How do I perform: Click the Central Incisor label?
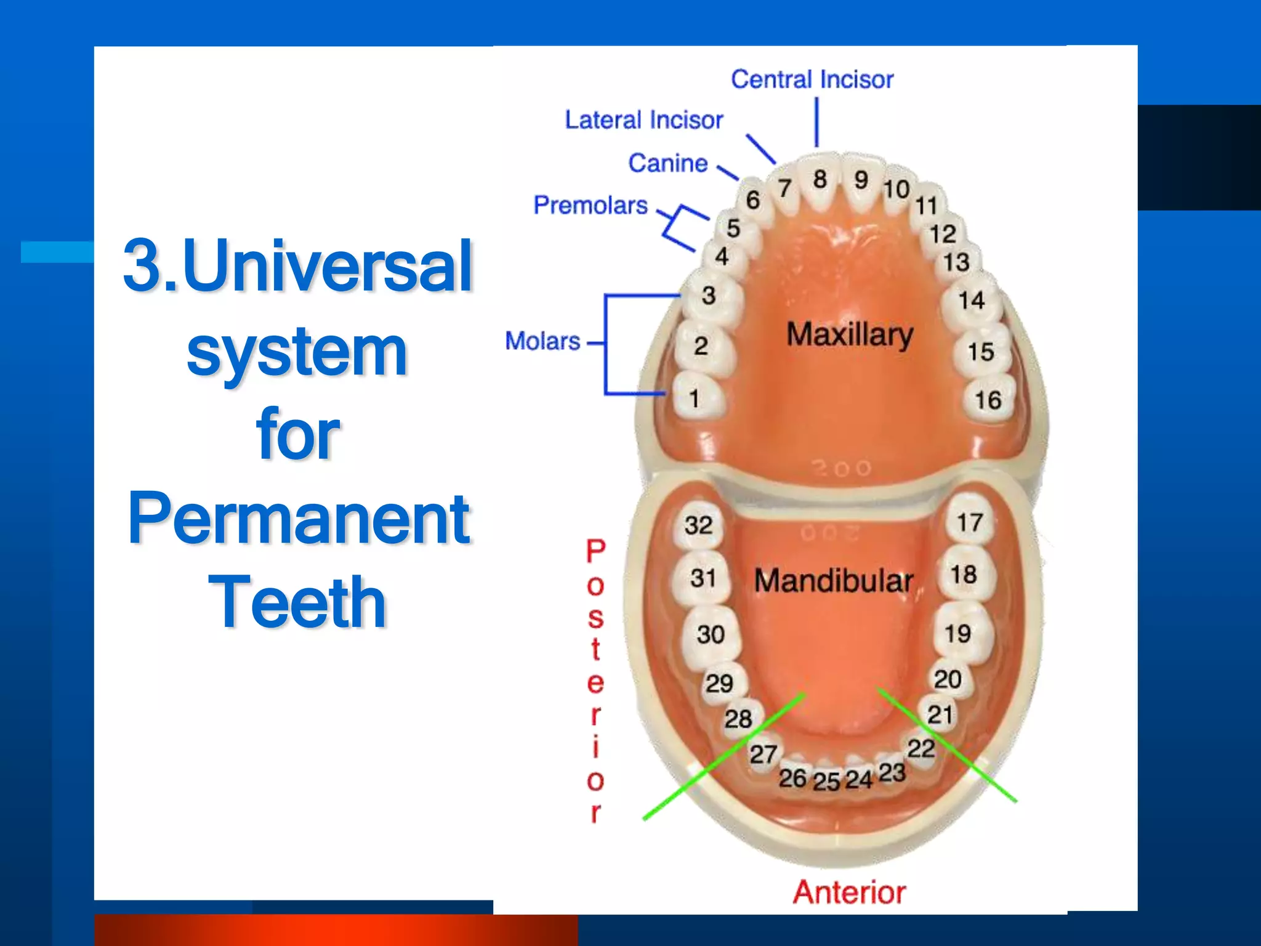click(812, 79)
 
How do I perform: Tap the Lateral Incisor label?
click(643, 120)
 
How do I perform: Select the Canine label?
click(668, 164)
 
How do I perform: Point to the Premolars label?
click(590, 205)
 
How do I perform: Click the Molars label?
click(542, 341)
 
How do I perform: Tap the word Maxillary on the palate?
click(850, 335)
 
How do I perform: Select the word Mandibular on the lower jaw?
click(834, 581)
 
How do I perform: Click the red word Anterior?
click(849, 892)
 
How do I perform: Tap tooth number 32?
click(698, 525)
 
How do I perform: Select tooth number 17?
click(969, 523)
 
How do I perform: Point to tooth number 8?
click(820, 180)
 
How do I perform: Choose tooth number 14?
click(971, 301)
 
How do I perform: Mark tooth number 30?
click(711, 634)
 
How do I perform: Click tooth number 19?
click(957, 634)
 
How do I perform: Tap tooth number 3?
click(709, 296)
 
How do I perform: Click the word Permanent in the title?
click(299, 519)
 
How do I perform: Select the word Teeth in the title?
click(297, 602)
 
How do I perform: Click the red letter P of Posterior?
click(595, 551)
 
